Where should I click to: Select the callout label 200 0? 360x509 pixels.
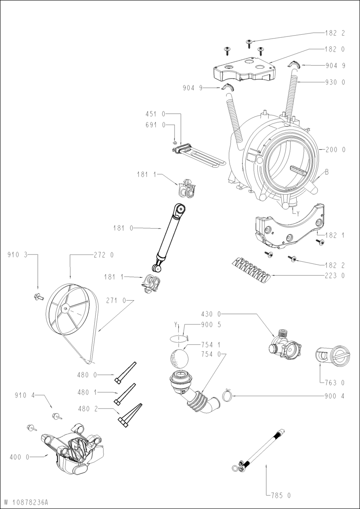point(335,150)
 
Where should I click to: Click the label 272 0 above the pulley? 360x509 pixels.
point(103,255)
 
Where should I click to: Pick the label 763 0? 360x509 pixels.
point(335,383)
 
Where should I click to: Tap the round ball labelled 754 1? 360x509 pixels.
point(178,359)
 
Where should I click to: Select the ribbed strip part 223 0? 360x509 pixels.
point(250,270)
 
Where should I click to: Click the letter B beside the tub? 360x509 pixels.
point(327,172)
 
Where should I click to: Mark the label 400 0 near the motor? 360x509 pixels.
point(20,457)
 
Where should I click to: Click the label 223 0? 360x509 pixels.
point(335,276)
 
